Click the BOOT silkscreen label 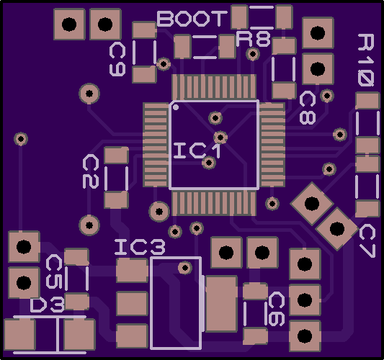tap(192, 19)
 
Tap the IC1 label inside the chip tap(197, 151)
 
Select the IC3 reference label tap(140, 247)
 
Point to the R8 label tap(253, 39)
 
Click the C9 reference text tap(117, 59)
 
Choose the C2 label tap(91, 171)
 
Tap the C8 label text tap(308, 108)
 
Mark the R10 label tap(366, 60)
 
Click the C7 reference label tap(367, 241)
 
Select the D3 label tap(48, 305)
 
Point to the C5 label tap(54, 271)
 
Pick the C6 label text tap(277, 309)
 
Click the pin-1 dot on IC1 tap(176, 107)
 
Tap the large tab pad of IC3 tap(222, 304)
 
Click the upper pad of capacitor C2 tap(116, 155)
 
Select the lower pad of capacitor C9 tap(144, 74)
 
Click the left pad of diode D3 tap(20, 335)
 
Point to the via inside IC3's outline tap(185, 268)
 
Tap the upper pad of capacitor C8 tap(284, 46)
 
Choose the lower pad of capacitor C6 tap(255, 336)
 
